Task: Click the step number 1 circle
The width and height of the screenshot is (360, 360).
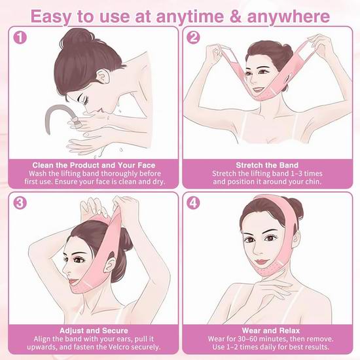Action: (x=20, y=37)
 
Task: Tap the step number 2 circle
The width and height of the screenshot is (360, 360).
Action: (x=193, y=37)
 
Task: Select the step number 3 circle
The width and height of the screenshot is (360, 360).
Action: (x=20, y=203)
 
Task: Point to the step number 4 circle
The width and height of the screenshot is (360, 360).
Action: (x=193, y=203)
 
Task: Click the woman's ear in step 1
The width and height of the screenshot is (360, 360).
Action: (x=103, y=77)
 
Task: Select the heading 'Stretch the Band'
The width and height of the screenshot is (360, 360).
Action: (x=267, y=165)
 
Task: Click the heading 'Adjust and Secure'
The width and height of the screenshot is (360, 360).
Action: (x=94, y=331)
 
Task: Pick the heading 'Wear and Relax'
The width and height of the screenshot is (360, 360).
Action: (x=271, y=331)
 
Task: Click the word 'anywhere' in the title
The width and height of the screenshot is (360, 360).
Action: (x=289, y=16)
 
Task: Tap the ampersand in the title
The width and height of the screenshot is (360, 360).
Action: (x=235, y=16)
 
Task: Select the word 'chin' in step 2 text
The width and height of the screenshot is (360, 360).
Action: (x=313, y=181)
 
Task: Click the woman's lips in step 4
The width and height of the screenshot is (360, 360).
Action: (x=262, y=262)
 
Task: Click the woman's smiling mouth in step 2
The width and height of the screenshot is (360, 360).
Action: (x=259, y=89)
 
